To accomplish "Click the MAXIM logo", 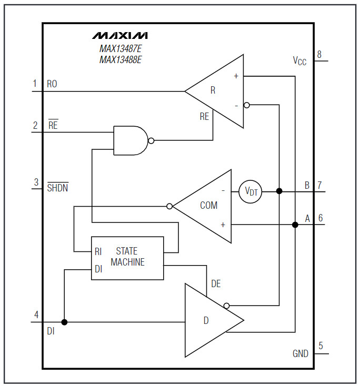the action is [x=120, y=36].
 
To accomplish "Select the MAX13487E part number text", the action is [x=121, y=49].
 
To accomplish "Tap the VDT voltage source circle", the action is [x=251, y=191].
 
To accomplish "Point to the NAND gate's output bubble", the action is [x=151, y=141].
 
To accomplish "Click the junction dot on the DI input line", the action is [x=64, y=322].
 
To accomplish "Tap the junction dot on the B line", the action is [x=279, y=191].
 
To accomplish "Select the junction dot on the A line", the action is [x=295, y=225].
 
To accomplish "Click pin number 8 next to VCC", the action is [x=319, y=54].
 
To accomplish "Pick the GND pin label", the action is [x=301, y=354].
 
